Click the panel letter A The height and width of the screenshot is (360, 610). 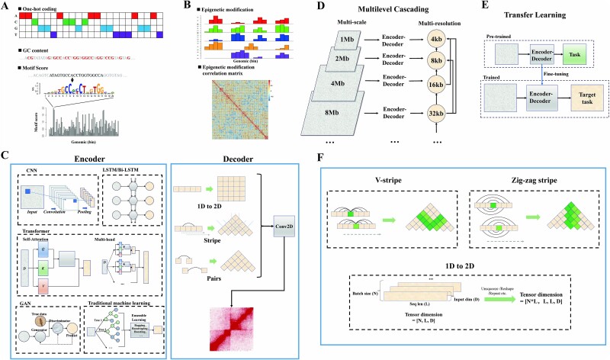click(6, 6)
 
